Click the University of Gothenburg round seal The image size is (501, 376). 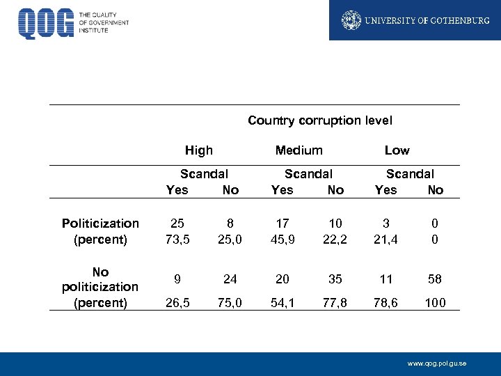351,20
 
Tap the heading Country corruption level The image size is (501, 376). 319,120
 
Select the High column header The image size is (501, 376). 199,150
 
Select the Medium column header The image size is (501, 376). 299,150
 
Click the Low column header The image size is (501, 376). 397,150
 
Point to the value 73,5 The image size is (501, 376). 177,240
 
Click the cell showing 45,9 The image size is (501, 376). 282,240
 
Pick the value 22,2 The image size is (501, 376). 335,240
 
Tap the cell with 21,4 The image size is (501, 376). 386,240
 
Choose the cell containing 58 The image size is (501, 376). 436,279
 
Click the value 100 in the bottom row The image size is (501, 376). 435,303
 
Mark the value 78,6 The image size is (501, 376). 386,303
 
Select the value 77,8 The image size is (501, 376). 335,303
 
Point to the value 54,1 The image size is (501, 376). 282,303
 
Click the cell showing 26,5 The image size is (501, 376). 177,303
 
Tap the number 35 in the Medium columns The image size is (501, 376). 335,279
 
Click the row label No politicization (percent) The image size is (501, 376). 100,287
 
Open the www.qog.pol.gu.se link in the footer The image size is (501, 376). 437,364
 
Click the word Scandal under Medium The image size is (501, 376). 308,174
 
